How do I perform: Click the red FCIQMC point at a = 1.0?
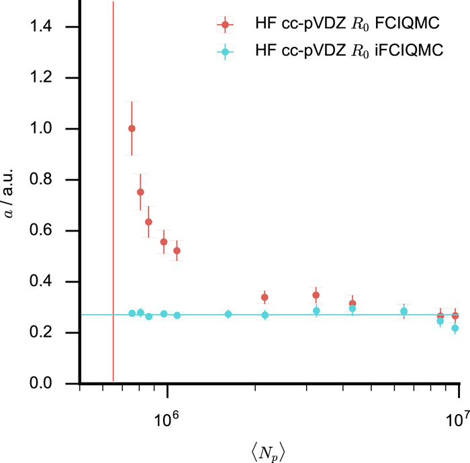pos(132,128)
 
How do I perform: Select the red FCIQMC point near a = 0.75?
pos(140,192)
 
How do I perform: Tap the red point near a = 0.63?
pos(148,222)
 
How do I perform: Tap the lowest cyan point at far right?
pos(455,328)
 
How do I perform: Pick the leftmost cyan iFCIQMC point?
pos(132,313)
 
